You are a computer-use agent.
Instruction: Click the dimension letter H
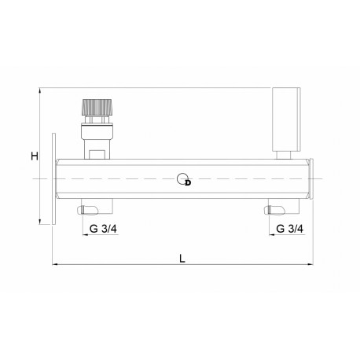coord(35,156)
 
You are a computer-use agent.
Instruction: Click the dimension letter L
coord(182,259)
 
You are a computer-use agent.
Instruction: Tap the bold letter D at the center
coord(188,183)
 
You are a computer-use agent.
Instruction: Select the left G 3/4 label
coord(103,229)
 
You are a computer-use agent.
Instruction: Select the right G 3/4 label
coord(289,229)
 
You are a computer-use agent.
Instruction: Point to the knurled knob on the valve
coord(97,107)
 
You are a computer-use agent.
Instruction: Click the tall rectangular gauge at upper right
coord(286,119)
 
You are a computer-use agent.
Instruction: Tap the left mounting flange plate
coord(53,178)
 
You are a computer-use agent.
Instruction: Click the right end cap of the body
coord(311,178)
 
